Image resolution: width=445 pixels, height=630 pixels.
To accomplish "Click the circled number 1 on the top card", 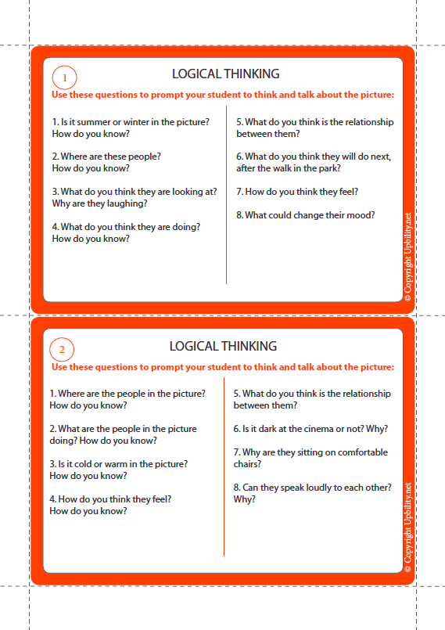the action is [64, 77].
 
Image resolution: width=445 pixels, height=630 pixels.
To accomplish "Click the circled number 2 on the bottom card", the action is [62, 349].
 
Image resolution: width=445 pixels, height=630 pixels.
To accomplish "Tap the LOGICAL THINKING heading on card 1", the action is [225, 74].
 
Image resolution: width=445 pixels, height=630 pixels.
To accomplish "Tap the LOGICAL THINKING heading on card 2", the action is [223, 346].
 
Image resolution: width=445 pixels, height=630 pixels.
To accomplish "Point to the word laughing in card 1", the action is [128, 203].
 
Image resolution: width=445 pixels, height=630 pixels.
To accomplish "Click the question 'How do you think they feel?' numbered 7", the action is [296, 192].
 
